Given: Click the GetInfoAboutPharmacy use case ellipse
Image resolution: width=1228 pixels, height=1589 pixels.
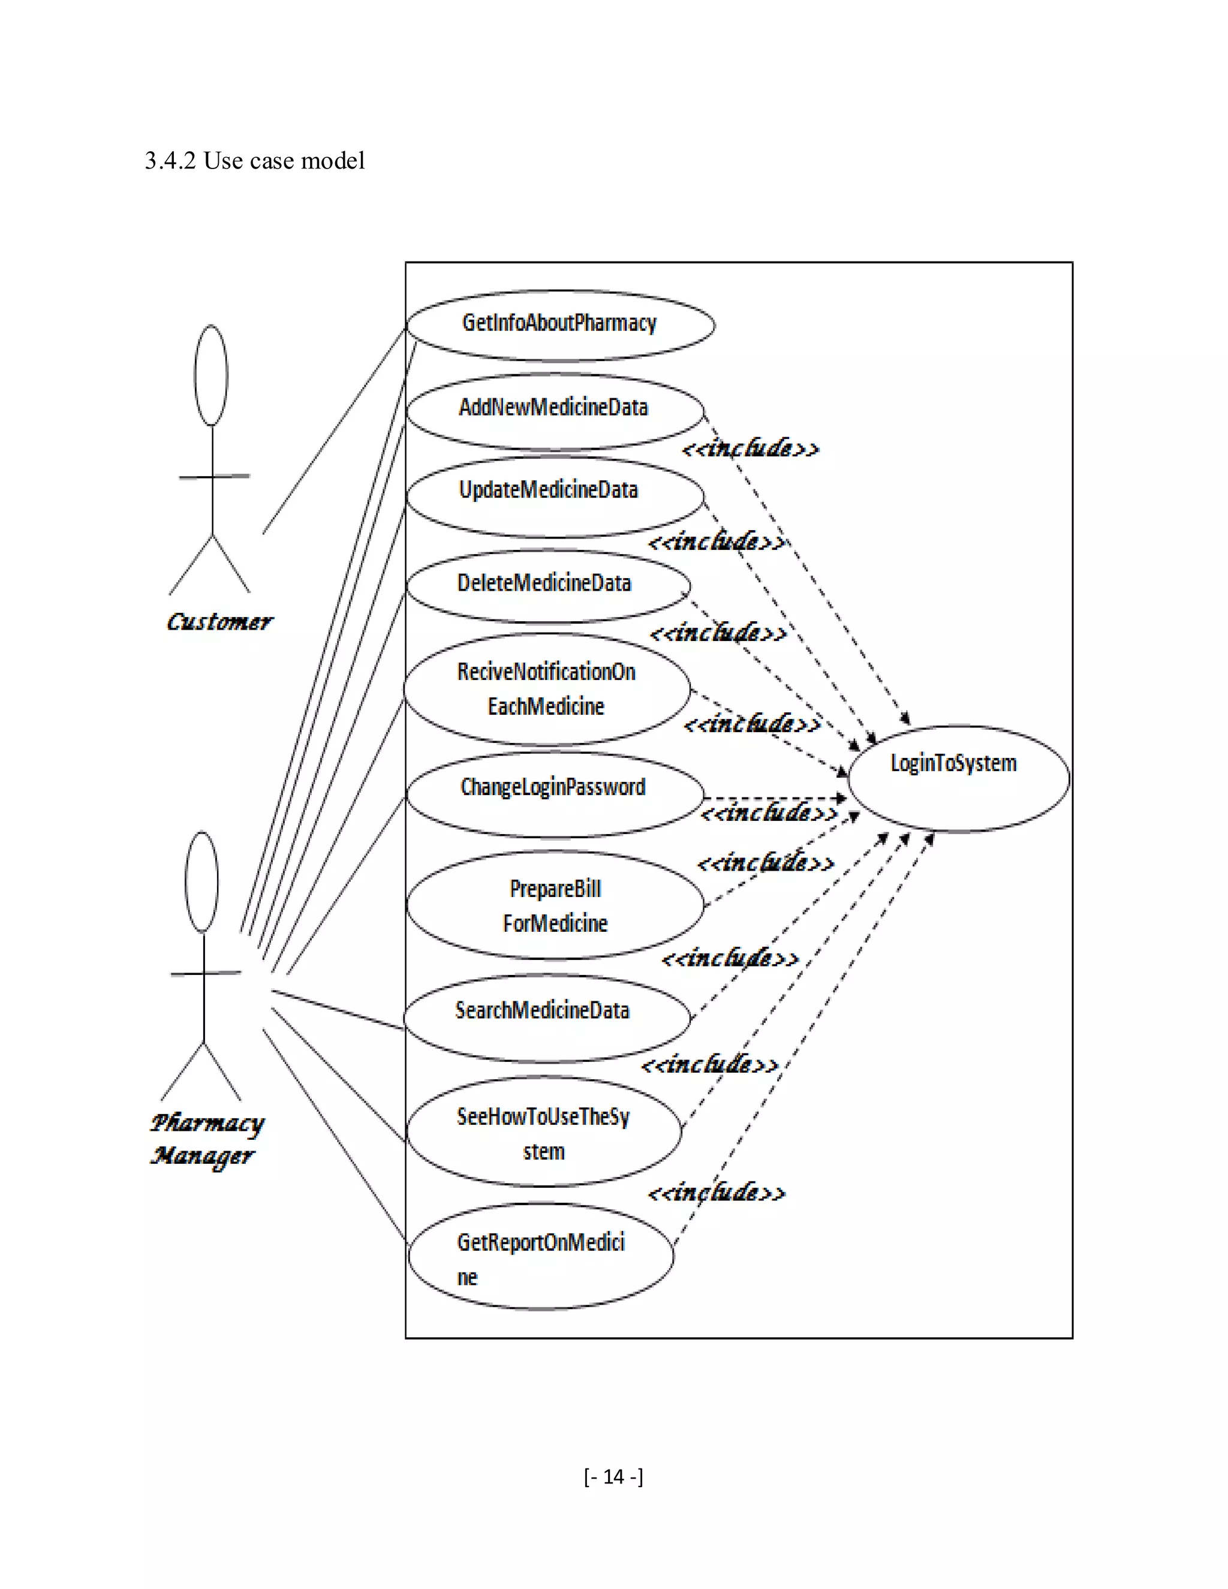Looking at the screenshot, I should coord(559,324).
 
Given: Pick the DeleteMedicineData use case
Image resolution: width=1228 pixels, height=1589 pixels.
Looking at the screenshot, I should coord(547,586).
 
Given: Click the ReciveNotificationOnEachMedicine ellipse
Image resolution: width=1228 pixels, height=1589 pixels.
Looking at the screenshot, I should coord(546,689).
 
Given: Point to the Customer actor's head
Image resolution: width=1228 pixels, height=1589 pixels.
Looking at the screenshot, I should coord(211,375).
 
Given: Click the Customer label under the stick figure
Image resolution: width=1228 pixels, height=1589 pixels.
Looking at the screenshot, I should coord(219,622).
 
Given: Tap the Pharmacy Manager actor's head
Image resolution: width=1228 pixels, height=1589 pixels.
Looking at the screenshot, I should coord(201,882).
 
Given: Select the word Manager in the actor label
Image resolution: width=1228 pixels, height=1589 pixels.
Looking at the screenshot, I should coord(202,1156).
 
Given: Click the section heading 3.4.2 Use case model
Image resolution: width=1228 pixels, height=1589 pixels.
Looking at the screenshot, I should coord(255,161).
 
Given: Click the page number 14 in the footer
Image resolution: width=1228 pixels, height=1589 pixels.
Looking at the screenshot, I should coord(613,1476).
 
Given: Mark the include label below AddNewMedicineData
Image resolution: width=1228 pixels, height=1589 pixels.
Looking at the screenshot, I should coord(750,448).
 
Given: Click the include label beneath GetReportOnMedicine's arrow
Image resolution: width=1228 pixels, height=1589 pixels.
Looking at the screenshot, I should coord(717,1193).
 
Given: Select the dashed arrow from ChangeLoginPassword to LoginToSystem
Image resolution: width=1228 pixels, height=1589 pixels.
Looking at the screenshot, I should coord(775,798).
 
